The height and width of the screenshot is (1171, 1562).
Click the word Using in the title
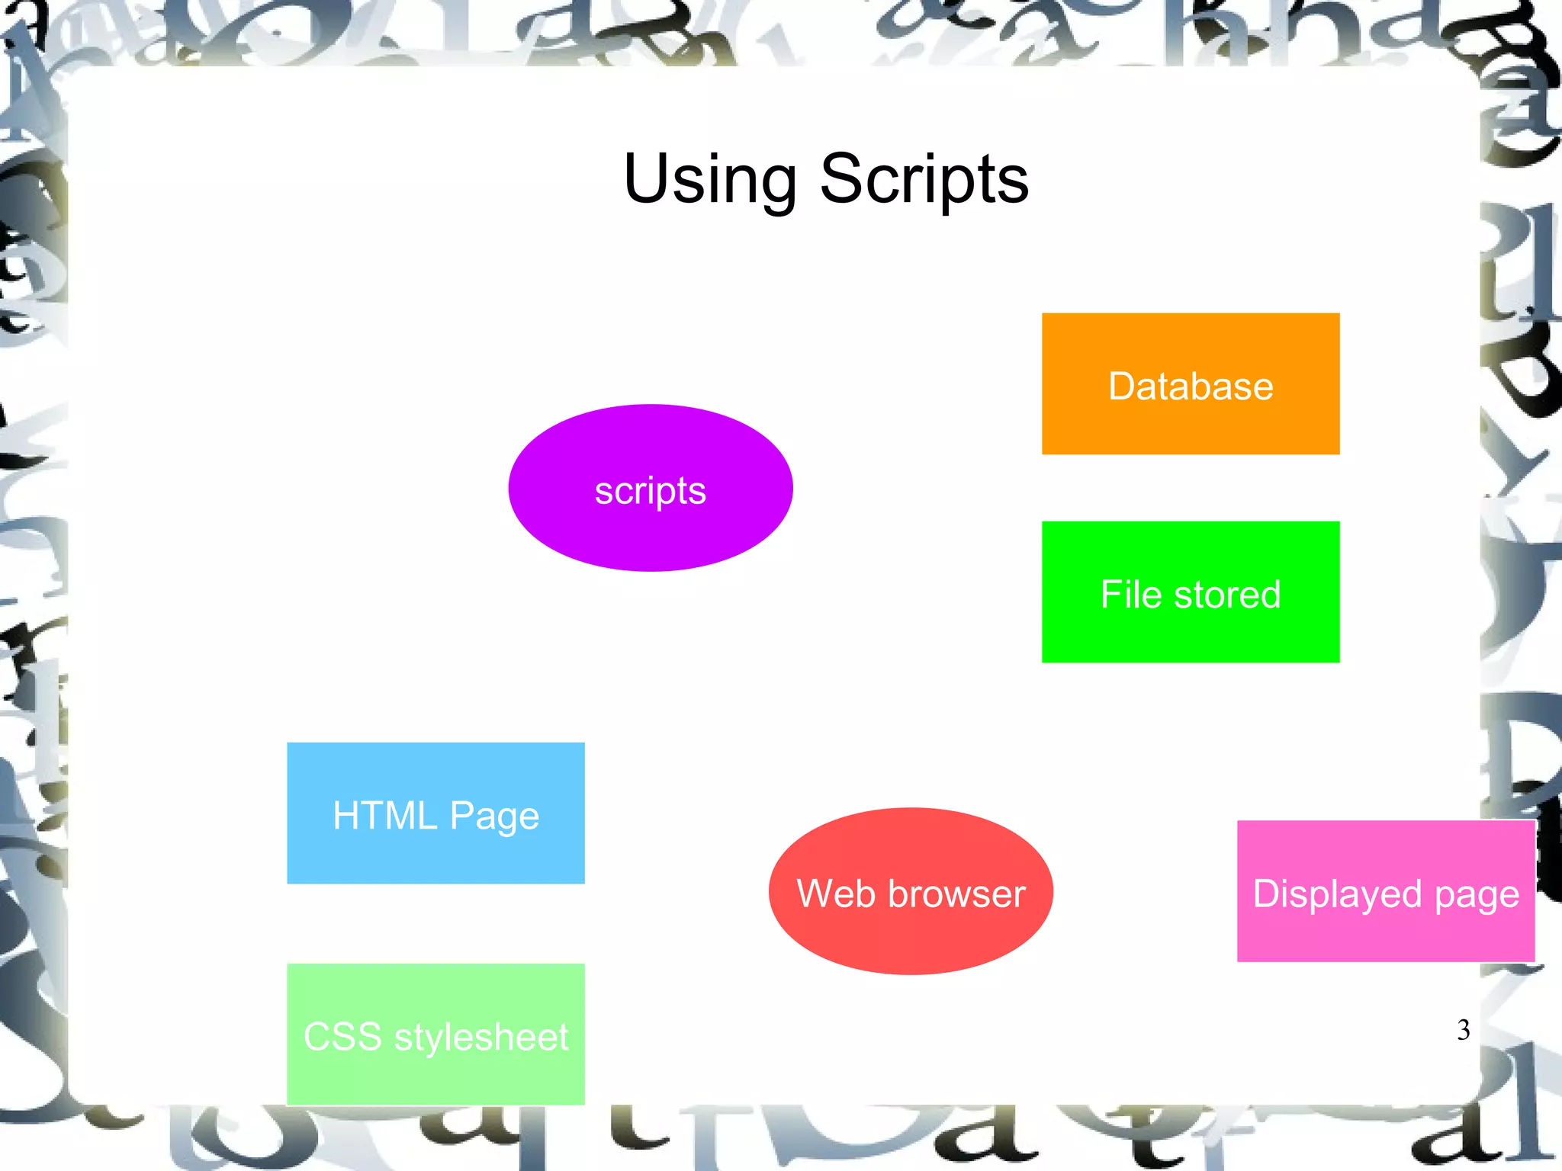pos(710,179)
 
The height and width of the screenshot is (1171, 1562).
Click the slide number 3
pos(1463,1030)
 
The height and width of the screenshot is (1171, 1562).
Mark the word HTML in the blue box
pos(384,815)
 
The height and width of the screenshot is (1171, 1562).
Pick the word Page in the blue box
pos(494,816)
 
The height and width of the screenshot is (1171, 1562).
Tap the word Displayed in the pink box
pos(1337,894)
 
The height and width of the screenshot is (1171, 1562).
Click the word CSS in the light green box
pos(342,1037)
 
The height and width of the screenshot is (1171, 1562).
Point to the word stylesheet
pos(481,1037)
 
